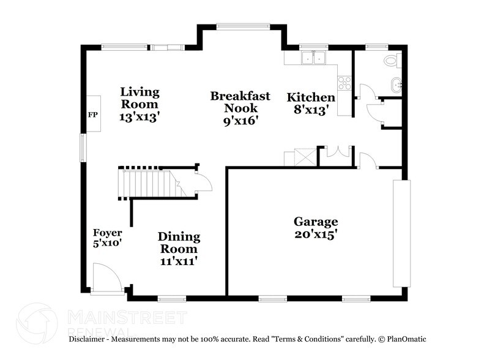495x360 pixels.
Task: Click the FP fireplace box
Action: click(x=94, y=114)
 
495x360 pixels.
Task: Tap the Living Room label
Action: click(x=140, y=104)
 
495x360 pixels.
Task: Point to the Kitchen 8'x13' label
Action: click(x=311, y=103)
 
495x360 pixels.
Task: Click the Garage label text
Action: click(x=315, y=227)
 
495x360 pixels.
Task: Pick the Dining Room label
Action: click(x=179, y=249)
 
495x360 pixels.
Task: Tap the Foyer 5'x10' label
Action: click(x=108, y=238)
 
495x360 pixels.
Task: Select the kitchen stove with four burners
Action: click(x=344, y=83)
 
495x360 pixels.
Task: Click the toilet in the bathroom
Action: click(x=390, y=60)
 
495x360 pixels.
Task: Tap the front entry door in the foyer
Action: click(x=105, y=279)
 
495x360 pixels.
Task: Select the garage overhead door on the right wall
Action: click(x=400, y=233)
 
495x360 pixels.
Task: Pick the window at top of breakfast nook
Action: click(x=243, y=26)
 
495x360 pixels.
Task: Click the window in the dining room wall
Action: click(x=171, y=299)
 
